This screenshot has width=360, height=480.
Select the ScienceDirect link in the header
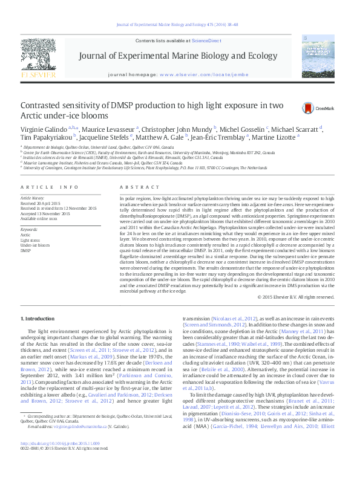coord(206,41)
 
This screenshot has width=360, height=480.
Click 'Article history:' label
coord(33,198)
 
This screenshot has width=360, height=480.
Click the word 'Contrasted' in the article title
coord(41,104)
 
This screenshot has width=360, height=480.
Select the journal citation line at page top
coord(180,24)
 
